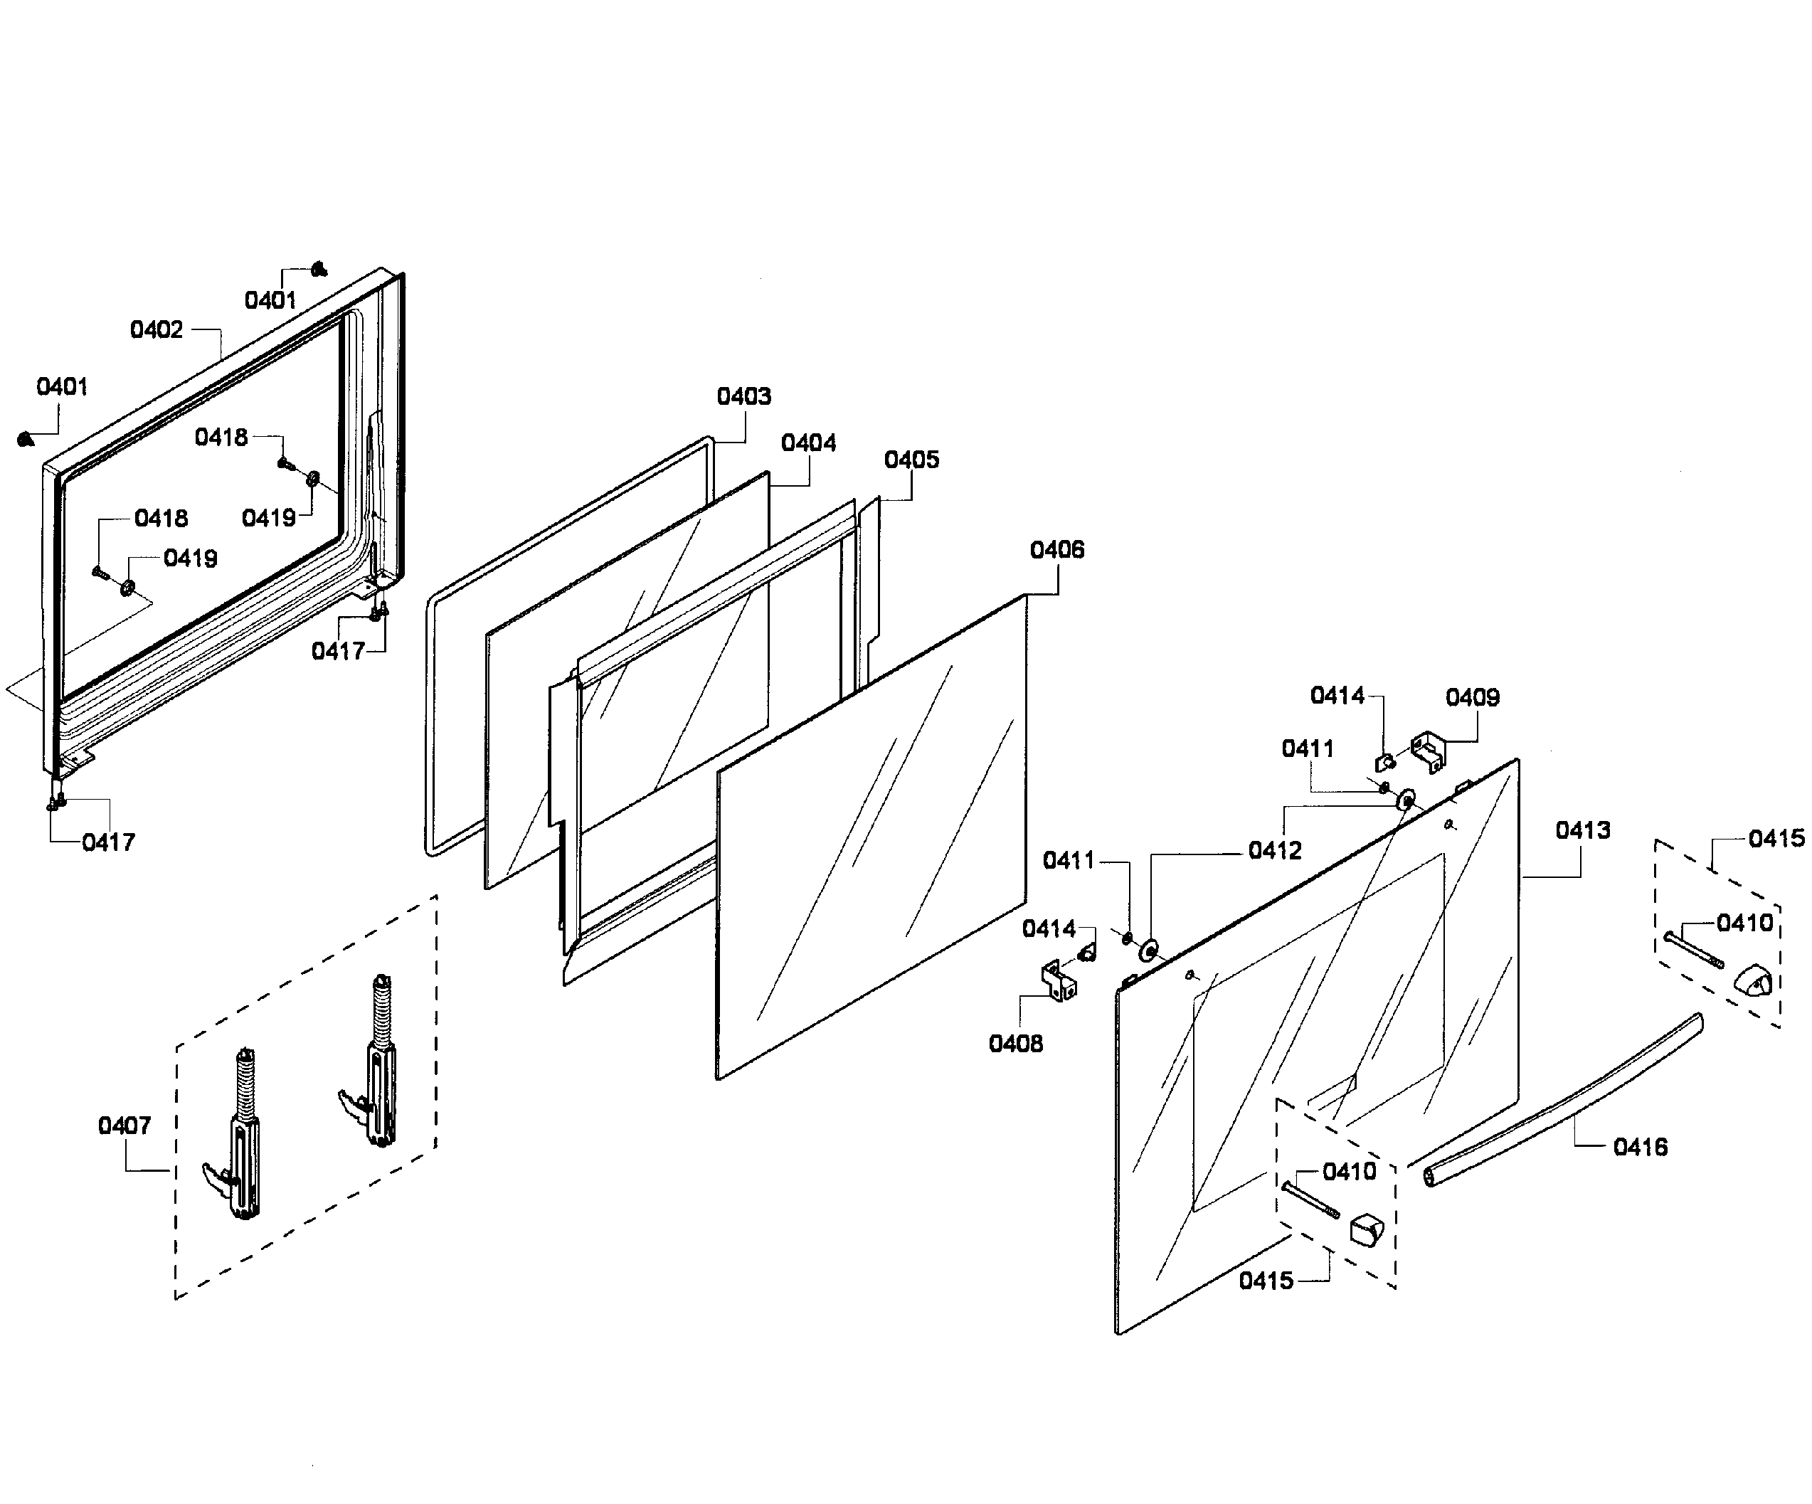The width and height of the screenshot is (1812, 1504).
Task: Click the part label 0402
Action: click(x=157, y=329)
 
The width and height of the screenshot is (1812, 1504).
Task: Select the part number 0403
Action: click(x=743, y=396)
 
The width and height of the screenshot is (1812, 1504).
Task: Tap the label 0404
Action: click(x=808, y=443)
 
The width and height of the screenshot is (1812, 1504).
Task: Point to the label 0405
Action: click(x=911, y=459)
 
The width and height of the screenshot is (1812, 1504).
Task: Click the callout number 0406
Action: click(x=1057, y=550)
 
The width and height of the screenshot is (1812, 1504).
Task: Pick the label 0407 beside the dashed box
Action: click(x=124, y=1126)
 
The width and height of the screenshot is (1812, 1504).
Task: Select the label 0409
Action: click(x=1472, y=697)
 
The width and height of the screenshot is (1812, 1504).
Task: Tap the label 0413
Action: click(x=1582, y=830)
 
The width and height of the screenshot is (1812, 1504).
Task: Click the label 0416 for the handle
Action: click(x=1639, y=1147)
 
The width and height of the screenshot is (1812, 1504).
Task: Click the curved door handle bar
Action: click(x=1562, y=1104)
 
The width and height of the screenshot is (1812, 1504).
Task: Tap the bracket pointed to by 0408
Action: click(x=1059, y=982)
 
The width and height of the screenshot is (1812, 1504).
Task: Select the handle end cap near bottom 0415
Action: click(x=1366, y=1229)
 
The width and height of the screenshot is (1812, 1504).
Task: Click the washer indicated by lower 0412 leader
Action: click(x=1148, y=951)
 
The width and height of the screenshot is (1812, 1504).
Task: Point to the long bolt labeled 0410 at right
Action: click(x=1693, y=949)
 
